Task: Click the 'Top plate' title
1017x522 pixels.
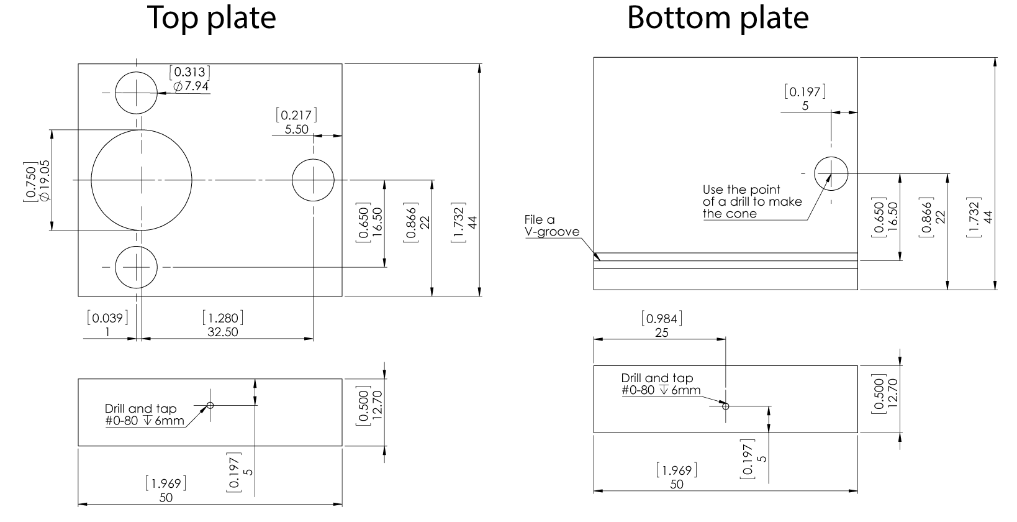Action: click(x=212, y=18)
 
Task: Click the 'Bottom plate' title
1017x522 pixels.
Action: click(x=718, y=18)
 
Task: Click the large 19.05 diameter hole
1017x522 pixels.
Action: click(x=142, y=180)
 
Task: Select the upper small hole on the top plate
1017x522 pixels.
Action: click(x=136, y=93)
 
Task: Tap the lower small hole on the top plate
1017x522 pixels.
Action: click(x=136, y=267)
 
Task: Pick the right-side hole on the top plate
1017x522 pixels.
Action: click(x=313, y=180)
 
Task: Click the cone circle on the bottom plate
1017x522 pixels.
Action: click(x=831, y=173)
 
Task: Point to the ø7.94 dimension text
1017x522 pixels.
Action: click(x=191, y=86)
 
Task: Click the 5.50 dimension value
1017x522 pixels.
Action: click(x=296, y=129)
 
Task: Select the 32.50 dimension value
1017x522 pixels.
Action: click(x=223, y=332)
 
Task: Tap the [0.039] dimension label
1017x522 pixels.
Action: click(x=107, y=318)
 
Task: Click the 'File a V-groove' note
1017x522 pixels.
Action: click(x=551, y=226)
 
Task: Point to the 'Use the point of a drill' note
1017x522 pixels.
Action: click(x=752, y=201)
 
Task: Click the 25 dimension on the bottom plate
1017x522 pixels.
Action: click(x=662, y=332)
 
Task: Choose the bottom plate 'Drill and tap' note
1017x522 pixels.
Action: click(x=661, y=384)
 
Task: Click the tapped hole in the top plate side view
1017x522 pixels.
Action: click(x=210, y=405)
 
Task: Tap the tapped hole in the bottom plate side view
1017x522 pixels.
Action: click(x=725, y=406)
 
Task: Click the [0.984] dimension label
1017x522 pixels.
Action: click(x=662, y=319)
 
